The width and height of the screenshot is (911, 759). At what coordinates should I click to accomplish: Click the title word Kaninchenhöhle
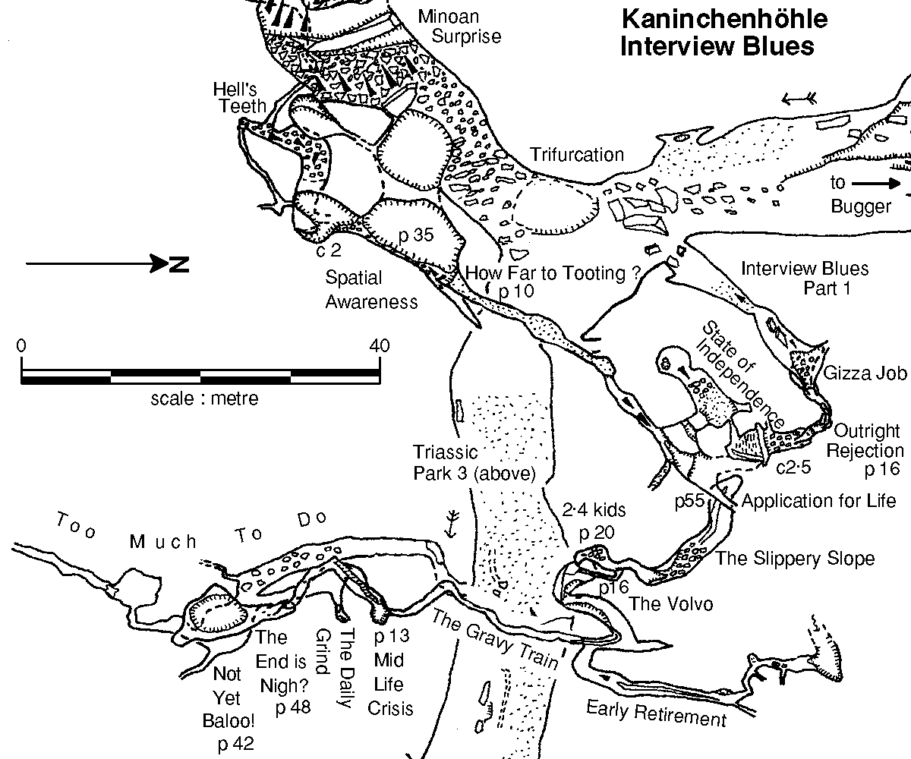click(x=724, y=19)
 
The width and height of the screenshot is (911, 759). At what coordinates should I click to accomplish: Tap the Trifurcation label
click(x=577, y=155)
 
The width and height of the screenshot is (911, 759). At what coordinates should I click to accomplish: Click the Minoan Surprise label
click(x=459, y=27)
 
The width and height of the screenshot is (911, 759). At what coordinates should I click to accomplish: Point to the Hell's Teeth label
click(x=240, y=98)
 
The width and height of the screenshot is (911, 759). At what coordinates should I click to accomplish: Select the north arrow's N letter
click(x=179, y=264)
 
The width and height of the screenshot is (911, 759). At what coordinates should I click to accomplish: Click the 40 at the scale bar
click(x=379, y=346)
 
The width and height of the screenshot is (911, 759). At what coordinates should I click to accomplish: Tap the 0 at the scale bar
click(x=21, y=346)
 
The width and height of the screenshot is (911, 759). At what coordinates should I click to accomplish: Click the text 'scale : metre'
click(x=204, y=398)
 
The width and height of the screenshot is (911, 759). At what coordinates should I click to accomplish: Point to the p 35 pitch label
click(x=416, y=235)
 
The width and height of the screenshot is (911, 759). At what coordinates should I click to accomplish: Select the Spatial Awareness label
click(x=371, y=290)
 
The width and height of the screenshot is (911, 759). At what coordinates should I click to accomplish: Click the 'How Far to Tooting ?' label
click(x=553, y=273)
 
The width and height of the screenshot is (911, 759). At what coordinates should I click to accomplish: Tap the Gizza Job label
click(x=865, y=373)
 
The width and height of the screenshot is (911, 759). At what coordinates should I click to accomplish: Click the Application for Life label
click(x=818, y=501)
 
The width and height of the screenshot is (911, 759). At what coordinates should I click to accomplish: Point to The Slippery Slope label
click(x=795, y=559)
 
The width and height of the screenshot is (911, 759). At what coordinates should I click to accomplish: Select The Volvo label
click(x=670, y=604)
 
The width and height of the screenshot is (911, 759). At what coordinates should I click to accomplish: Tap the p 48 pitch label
click(x=293, y=708)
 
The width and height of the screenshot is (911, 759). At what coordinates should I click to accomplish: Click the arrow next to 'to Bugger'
click(x=875, y=184)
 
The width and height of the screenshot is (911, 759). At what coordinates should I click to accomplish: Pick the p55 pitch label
click(x=689, y=501)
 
